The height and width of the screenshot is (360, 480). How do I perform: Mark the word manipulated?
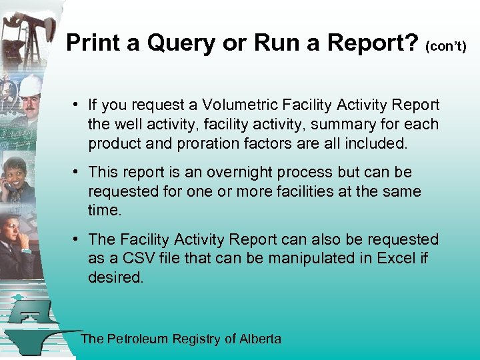click(304, 258)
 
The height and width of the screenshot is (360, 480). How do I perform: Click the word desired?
click(115, 277)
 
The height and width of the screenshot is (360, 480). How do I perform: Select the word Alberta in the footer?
click(261, 339)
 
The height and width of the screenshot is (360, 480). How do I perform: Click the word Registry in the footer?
click(197, 339)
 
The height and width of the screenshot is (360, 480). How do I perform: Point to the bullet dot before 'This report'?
click(78, 172)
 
